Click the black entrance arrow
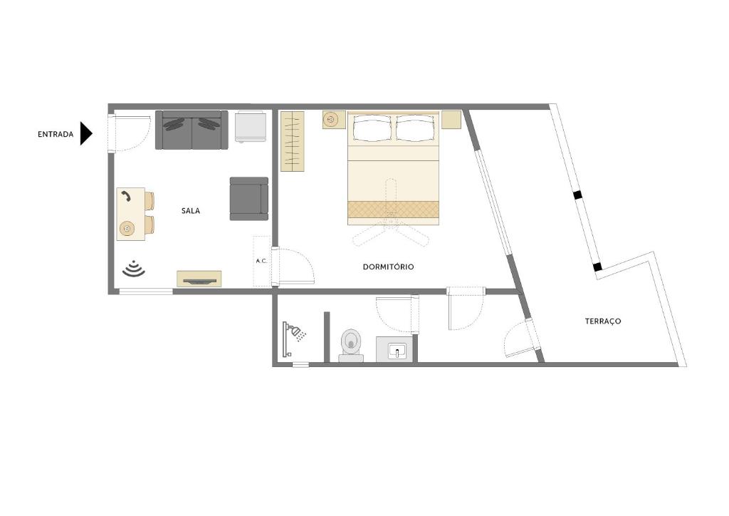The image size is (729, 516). [x=85, y=133]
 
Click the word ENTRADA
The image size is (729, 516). [x=56, y=134]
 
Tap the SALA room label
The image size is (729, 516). [x=191, y=211]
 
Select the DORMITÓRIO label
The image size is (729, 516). [x=388, y=267]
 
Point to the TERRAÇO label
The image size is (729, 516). [x=603, y=321]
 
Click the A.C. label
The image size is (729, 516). [x=261, y=261]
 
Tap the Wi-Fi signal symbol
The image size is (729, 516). [x=133, y=269]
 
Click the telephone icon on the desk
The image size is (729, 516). [x=126, y=197]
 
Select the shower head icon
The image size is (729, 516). [x=295, y=332]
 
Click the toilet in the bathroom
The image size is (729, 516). [x=351, y=344]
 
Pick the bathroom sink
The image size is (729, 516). [x=397, y=351]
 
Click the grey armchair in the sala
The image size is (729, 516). [x=248, y=199]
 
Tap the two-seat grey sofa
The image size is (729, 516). [x=192, y=130]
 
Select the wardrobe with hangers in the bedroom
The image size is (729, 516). [x=292, y=141]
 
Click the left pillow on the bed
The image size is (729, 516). [x=372, y=128]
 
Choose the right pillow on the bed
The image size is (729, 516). [x=414, y=128]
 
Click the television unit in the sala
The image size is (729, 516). [x=199, y=279]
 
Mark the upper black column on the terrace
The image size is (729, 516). [x=577, y=195]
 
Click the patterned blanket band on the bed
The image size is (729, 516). [x=393, y=209]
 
